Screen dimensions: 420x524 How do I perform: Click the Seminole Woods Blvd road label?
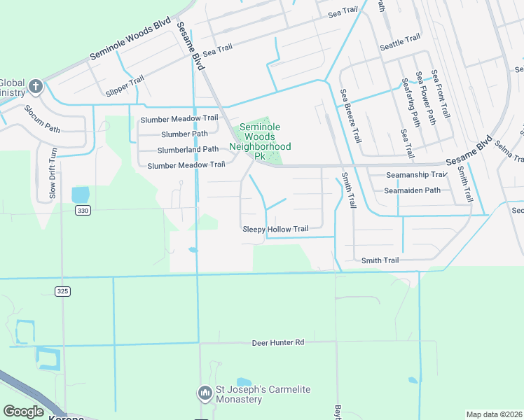click(x=131, y=41)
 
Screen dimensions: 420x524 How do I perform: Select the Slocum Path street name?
click(x=42, y=119)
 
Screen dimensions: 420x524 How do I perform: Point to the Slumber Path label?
click(x=184, y=134)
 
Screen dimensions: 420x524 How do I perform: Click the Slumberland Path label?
click(x=188, y=149)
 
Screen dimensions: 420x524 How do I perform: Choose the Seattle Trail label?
click(x=400, y=43)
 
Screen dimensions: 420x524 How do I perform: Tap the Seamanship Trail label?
click(x=416, y=175)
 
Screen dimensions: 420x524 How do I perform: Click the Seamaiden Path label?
click(x=412, y=190)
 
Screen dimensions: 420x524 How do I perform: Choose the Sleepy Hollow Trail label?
click(x=275, y=229)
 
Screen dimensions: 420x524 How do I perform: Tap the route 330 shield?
click(x=82, y=209)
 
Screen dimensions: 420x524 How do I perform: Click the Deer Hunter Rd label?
click(x=279, y=342)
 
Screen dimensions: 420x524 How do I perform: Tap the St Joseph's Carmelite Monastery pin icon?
click(x=205, y=393)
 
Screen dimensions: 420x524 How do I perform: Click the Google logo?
click(x=23, y=412)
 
